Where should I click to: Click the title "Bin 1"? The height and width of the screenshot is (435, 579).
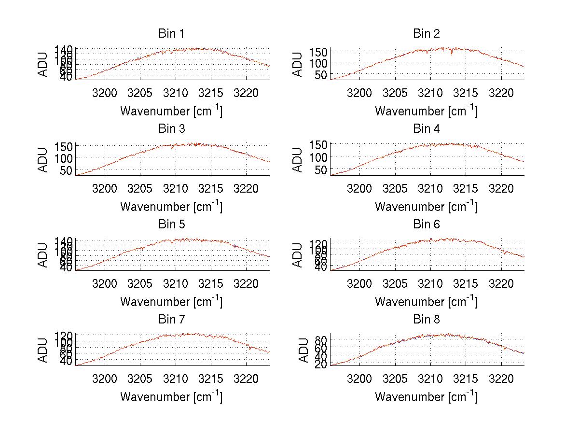(171, 34)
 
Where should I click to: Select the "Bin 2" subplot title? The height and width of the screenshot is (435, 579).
(426, 34)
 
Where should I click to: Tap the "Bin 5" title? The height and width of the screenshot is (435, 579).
(171, 225)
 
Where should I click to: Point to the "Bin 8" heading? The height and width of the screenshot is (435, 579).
(426, 320)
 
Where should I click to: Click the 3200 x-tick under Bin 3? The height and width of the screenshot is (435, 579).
(104, 188)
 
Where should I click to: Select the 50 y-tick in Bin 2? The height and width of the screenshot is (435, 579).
(321, 74)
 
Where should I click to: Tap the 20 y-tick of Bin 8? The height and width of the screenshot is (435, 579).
(321, 365)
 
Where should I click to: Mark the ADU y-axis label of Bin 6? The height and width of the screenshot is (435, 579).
(298, 254)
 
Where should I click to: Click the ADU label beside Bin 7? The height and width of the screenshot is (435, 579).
(43, 350)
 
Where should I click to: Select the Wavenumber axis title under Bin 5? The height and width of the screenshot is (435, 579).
(171, 302)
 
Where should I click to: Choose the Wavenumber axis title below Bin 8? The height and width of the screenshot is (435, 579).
(426, 397)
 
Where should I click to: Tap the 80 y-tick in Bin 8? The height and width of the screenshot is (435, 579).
(321, 339)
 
